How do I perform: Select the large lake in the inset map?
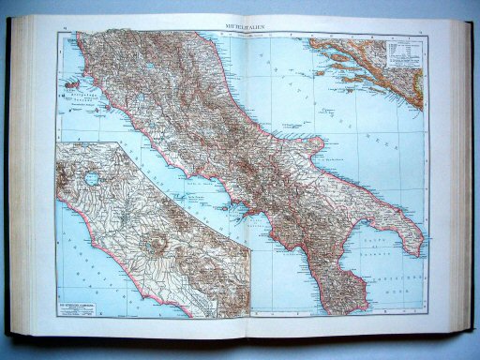91,175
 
